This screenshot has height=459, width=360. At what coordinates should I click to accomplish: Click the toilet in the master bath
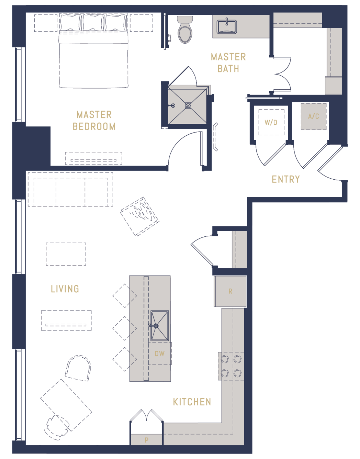tap(185, 30)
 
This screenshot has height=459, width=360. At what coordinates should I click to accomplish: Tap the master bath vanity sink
tap(227, 26)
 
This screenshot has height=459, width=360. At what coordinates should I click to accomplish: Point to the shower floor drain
tap(188, 105)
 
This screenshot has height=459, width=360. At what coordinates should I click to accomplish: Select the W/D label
tap(271, 122)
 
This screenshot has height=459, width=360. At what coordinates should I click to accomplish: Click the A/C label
tap(313, 116)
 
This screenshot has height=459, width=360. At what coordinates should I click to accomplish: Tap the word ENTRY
tap(285, 179)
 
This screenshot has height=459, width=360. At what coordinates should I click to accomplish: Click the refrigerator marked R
tap(230, 291)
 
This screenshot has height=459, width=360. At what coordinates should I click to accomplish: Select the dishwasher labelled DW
tap(160, 354)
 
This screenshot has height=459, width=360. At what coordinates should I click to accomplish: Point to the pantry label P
tap(147, 440)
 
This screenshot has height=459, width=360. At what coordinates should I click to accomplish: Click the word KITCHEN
tap(192, 402)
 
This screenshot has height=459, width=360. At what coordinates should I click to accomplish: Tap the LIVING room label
tap(65, 289)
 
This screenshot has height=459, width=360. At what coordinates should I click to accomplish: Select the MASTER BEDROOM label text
tap(94, 121)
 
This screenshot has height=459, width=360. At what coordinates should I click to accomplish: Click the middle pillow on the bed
tap(93, 23)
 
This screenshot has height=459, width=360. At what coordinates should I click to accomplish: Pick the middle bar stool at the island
tap(125, 328)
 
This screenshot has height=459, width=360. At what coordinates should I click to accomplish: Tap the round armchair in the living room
tap(78, 368)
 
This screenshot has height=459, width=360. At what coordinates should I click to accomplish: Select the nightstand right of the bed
tap(141, 23)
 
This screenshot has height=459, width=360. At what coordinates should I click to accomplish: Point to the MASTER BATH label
tap(228, 63)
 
